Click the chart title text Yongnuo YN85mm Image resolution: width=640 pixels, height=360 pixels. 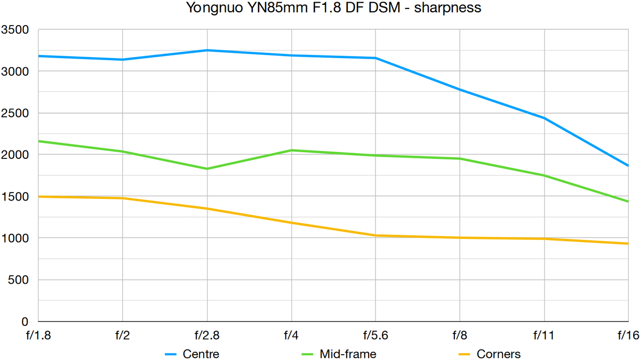point(319,8)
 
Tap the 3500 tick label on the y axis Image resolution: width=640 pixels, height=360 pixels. point(15,29)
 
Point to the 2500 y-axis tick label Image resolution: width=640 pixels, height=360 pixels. point(15,113)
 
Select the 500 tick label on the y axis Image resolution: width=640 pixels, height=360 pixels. point(18,279)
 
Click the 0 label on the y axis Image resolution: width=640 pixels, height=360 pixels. point(25,322)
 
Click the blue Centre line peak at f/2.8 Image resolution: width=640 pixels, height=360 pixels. point(207,50)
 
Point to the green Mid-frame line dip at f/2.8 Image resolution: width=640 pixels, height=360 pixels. point(207,169)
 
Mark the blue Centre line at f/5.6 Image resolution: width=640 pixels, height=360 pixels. point(375,58)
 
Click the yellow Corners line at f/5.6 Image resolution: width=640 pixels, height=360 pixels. point(375,235)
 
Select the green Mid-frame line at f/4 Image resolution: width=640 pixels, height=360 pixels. point(291,150)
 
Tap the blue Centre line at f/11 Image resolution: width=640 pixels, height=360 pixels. point(544,118)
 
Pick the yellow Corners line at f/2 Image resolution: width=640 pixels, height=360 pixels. point(123,198)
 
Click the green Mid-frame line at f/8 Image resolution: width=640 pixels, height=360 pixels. point(460,158)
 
